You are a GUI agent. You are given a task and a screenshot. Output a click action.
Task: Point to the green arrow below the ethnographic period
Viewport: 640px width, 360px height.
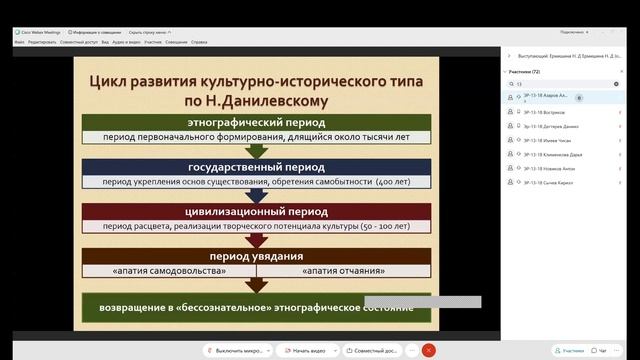[x=257, y=151]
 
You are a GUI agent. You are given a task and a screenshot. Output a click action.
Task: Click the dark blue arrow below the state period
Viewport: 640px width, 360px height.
[x=257, y=194]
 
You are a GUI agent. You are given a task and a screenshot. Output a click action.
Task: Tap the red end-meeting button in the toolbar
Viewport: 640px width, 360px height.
[x=428, y=350]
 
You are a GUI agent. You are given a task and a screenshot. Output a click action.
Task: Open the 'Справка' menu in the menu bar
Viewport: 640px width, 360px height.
[x=199, y=42]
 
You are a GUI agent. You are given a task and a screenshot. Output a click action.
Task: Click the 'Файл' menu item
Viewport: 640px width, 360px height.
[x=19, y=42]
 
